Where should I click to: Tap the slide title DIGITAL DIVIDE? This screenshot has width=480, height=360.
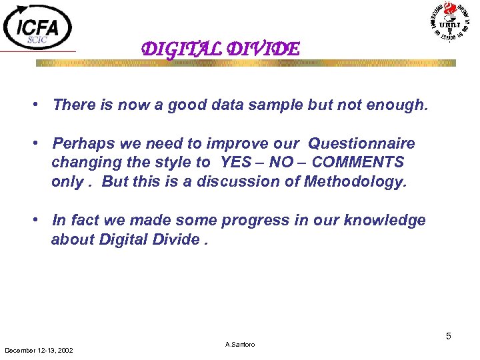(x=221, y=49)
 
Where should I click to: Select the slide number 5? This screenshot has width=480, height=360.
(x=449, y=336)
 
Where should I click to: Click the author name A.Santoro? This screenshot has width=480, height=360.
(x=240, y=345)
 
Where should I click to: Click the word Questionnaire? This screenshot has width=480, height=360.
(x=361, y=144)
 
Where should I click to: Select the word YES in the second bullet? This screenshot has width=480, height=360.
(x=235, y=163)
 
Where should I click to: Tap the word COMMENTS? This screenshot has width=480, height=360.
(x=358, y=163)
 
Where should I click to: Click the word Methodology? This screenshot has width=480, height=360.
(x=354, y=182)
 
